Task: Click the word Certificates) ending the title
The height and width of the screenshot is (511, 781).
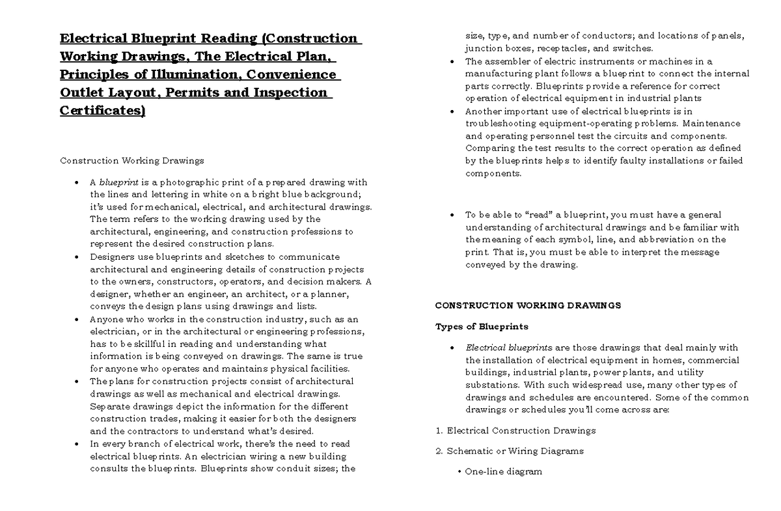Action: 103,111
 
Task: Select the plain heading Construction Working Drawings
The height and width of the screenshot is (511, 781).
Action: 132,160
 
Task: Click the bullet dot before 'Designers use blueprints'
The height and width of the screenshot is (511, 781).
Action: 77,257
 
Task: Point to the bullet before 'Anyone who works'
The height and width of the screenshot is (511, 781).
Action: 77,320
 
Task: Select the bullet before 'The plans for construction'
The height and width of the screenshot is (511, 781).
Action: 77,381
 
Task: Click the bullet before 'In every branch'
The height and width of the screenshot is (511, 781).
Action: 77,444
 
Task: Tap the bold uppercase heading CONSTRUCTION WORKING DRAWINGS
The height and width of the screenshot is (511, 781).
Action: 528,305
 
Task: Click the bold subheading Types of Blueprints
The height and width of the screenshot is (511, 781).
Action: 482,326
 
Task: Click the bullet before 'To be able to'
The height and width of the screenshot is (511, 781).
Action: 452,215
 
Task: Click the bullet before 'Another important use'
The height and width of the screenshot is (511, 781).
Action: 452,111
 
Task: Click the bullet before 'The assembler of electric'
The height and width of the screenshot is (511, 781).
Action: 452,62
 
